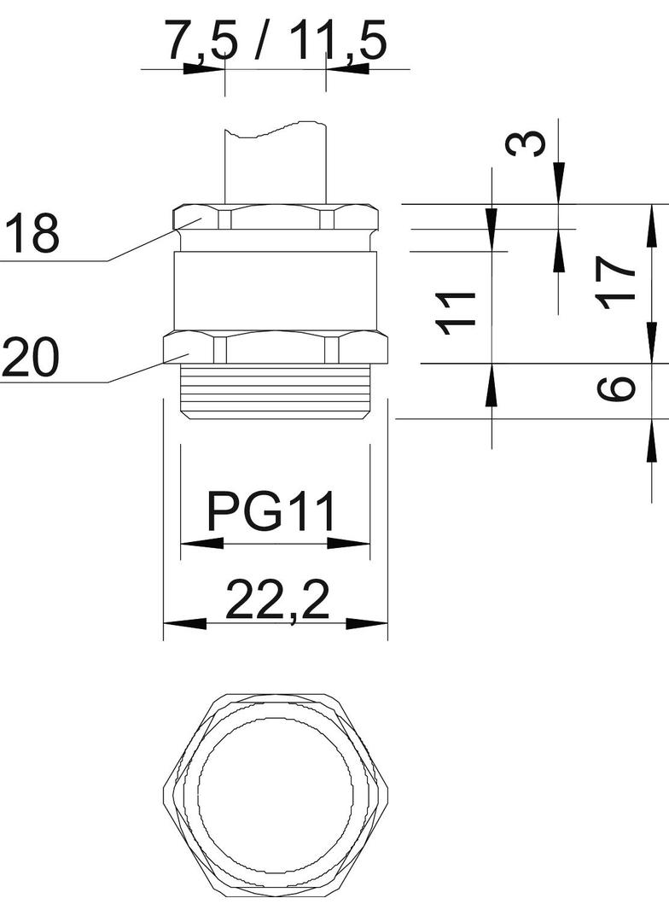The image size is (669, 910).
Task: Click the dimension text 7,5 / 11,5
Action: coord(275,41)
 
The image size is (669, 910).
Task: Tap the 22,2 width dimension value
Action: coord(277,599)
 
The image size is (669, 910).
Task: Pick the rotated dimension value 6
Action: coord(617,388)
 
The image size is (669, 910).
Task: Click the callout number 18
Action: coord(32,233)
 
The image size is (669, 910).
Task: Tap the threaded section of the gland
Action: coord(275,391)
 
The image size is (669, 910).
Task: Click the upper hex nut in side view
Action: coord(275,218)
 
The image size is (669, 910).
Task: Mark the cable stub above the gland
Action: coord(275,166)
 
